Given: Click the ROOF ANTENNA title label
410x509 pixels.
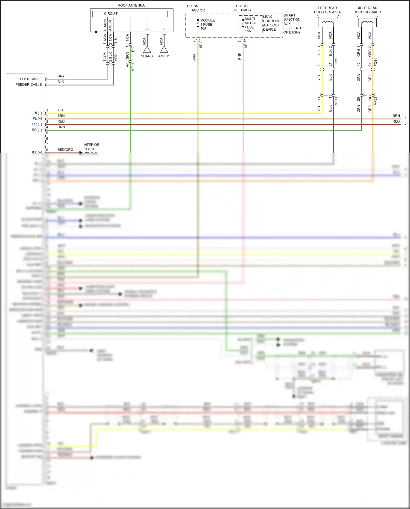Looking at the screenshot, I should point(131,5).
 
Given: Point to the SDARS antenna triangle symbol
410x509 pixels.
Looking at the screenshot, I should point(147,50).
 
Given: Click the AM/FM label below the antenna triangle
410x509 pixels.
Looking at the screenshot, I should point(164,56).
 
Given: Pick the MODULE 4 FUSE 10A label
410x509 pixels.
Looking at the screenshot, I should point(207,24).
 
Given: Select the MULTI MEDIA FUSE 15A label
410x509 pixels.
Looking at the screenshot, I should point(250,25).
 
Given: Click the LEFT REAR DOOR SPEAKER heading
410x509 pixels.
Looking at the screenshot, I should point(327,10).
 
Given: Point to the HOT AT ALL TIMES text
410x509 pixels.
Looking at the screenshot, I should point(242,8).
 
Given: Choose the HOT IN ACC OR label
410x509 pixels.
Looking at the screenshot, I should point(195,8).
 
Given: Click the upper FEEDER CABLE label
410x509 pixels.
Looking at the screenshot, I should point(28,79).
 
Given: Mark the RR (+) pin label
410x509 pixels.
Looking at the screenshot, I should point(37,130).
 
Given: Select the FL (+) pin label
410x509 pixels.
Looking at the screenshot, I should point(37,119).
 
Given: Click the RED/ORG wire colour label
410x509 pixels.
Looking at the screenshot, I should point(65,150).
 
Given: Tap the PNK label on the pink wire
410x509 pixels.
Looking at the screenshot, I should point(240,56).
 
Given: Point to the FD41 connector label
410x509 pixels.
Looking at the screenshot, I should point(376,62).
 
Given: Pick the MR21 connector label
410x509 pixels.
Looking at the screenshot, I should point(116,57).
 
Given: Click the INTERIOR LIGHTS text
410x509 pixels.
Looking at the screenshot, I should point(91,147).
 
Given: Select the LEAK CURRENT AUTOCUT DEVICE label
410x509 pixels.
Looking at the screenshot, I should point(271,23).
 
